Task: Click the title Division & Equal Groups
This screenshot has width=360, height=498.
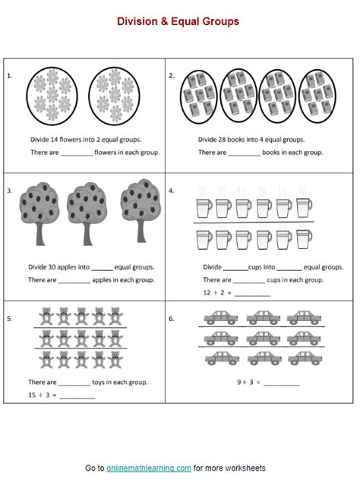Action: point(178,22)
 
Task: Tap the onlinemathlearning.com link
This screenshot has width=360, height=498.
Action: point(149,468)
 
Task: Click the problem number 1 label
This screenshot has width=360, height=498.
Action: point(10,76)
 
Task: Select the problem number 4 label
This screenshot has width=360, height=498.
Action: point(172,191)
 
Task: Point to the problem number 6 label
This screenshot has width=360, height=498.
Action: point(172,318)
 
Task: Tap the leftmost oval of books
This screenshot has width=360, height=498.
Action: point(199,96)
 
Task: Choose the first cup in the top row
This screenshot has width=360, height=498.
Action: point(204,208)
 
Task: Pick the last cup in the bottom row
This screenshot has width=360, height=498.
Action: point(304,239)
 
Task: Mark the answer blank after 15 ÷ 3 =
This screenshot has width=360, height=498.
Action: point(77,397)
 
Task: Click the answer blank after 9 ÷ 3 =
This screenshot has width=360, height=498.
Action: point(281,383)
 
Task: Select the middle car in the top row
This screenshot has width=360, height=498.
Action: point(263,317)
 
